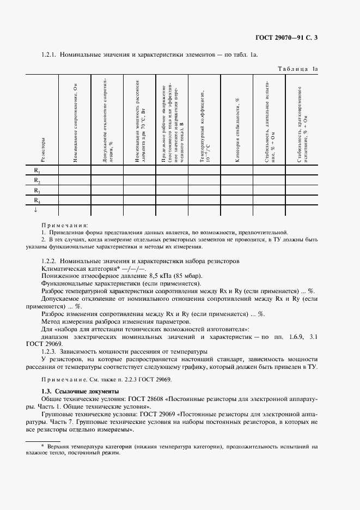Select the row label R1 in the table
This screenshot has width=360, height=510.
pyautogui.click(x=37, y=171)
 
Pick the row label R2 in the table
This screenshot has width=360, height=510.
pyautogui.click(x=37, y=180)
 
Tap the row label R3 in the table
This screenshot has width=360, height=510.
pyautogui.click(x=37, y=191)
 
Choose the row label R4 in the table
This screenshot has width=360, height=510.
pyautogui.click(x=37, y=201)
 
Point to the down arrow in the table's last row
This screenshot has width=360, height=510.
pyautogui.click(x=36, y=210)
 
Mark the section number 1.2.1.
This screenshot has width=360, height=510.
pyautogui.click(x=50, y=55)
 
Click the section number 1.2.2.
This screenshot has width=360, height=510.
pyautogui.click(x=50, y=262)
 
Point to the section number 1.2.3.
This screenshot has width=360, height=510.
pyautogui.click(x=50, y=351)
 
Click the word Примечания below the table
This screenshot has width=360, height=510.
pyautogui.click(x=64, y=224)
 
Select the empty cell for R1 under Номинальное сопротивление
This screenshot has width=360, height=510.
pyautogui.click(x=75, y=171)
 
